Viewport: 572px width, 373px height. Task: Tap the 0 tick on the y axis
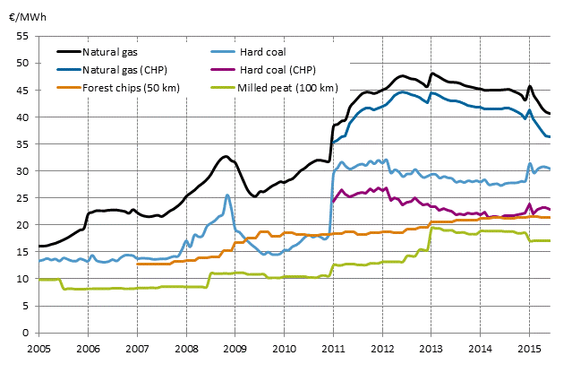(x=27, y=333)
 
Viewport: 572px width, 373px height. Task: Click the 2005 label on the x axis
(x=38, y=347)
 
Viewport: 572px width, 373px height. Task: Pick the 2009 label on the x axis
(x=235, y=347)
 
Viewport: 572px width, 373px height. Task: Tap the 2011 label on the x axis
(x=332, y=347)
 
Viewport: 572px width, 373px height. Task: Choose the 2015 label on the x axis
(x=528, y=347)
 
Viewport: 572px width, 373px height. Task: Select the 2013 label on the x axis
(x=431, y=347)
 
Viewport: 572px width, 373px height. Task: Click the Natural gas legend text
(x=112, y=52)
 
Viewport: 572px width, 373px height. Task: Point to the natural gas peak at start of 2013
(x=432, y=74)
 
